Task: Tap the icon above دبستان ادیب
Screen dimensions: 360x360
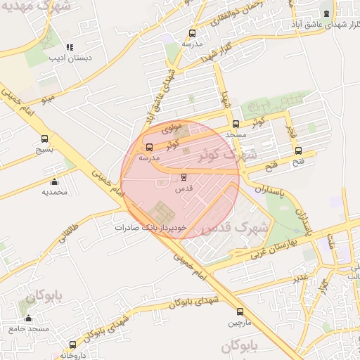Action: [68, 46]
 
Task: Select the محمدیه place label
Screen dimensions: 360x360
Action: [54, 192]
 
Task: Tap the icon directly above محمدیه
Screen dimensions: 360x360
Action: [54, 182]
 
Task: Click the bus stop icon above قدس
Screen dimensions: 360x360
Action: [184, 177]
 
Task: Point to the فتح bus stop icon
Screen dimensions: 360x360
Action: [299, 150]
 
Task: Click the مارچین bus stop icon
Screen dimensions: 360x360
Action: [240, 311]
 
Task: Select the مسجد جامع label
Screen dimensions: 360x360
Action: [29, 328]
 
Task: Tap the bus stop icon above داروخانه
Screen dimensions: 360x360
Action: [73, 345]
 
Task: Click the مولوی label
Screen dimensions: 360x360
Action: [172, 130]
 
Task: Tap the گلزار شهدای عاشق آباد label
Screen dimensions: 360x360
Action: [322, 25]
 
